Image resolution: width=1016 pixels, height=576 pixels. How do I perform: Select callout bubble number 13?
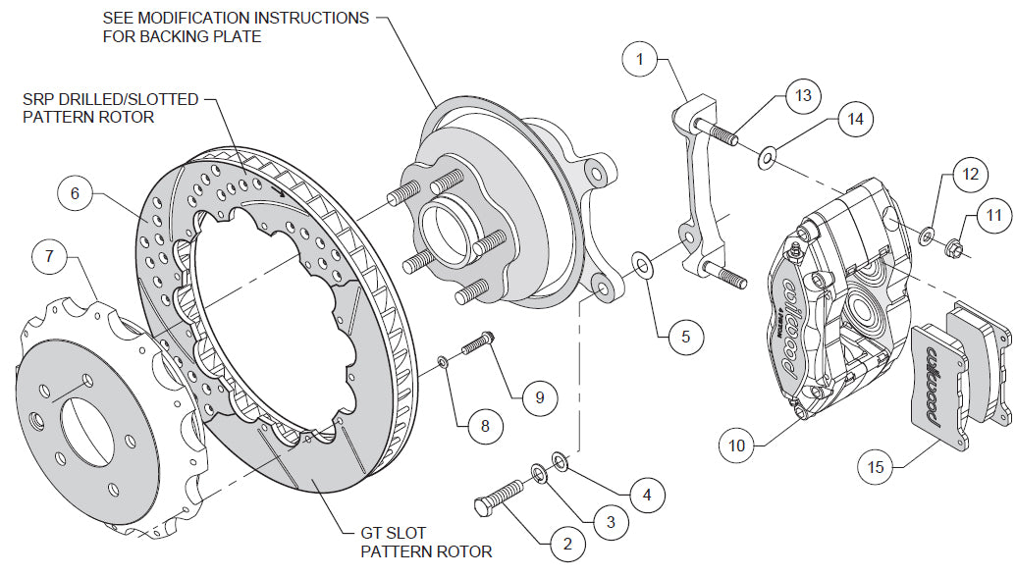click(803, 95)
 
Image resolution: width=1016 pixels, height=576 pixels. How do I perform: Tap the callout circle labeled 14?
click(855, 120)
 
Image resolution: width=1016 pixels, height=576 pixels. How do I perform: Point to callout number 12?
click(969, 175)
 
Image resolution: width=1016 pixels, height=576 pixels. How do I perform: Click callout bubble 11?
click(993, 214)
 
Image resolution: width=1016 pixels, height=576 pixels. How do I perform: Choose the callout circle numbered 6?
click(75, 194)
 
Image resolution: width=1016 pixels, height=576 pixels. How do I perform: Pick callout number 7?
click(50, 259)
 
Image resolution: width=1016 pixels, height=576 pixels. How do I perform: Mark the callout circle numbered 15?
click(876, 467)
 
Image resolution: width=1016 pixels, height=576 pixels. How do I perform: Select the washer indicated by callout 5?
click(642, 264)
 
